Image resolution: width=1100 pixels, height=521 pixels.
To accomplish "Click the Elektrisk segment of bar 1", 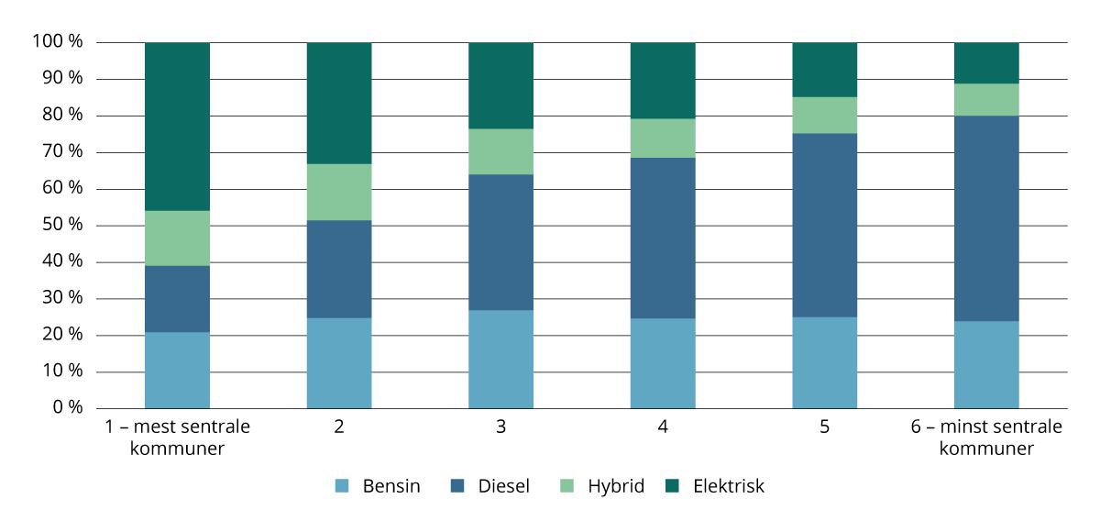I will (177, 127).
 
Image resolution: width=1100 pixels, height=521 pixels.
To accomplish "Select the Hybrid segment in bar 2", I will (338, 192).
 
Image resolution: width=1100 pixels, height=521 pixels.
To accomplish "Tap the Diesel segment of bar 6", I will (986, 218).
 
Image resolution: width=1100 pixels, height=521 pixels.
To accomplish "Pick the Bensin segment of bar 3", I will (500, 359).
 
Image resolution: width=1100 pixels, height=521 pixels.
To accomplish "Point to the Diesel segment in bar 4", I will (662, 238).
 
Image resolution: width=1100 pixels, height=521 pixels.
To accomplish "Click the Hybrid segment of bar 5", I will (824, 115).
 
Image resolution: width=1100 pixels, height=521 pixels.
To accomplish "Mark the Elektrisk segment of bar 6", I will (986, 62).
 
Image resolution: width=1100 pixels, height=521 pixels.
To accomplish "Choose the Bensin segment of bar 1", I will (177, 370).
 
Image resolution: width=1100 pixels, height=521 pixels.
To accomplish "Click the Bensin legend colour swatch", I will (341, 486).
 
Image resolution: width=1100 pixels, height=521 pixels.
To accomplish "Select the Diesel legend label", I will (503, 486).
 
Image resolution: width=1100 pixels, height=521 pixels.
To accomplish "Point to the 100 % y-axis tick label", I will (58, 42).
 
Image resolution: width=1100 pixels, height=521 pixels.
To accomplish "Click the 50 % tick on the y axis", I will (62, 226).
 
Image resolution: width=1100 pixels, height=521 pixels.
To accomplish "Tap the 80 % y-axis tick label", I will (62, 116).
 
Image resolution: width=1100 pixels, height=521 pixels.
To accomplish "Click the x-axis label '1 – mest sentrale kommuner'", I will (177, 438).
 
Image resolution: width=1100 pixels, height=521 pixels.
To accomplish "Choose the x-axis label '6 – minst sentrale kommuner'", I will (986, 438).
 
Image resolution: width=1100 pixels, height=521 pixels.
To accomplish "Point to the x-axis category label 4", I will (662, 427).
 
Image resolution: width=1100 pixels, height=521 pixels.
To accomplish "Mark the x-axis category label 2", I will (338, 427).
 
